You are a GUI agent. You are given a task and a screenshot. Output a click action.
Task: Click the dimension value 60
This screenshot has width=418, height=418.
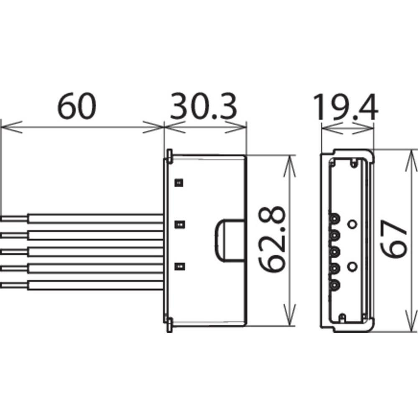coord(77,106)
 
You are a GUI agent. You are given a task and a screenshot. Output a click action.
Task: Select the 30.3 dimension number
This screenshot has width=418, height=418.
coord(204,106)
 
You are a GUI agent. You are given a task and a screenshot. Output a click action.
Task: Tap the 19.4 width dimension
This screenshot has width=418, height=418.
coord(346,107)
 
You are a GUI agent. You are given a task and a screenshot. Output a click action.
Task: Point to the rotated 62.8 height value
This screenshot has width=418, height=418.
coord(272,239)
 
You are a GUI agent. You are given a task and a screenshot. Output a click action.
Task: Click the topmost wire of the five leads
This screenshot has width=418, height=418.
coord(82,218)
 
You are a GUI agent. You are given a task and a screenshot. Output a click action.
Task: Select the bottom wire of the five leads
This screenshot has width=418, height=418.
coord(82,285)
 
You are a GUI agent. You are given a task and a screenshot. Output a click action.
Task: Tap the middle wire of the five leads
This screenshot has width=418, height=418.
coord(82,252)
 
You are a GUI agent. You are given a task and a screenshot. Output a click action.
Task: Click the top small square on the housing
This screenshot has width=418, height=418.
coord(179,183)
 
